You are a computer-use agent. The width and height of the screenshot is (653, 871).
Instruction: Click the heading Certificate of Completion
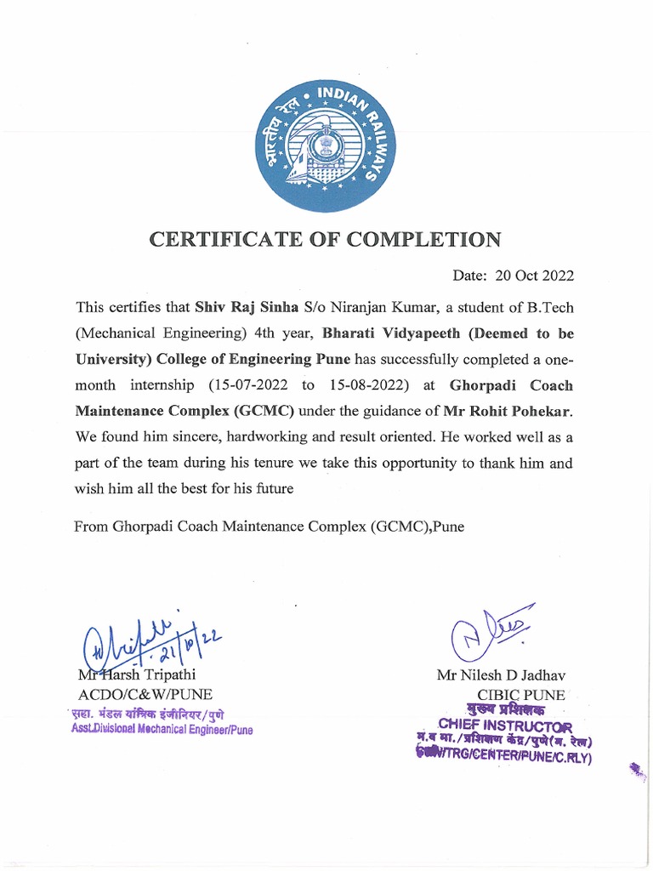coord(326,239)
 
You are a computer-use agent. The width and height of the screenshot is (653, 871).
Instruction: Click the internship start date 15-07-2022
coord(247,384)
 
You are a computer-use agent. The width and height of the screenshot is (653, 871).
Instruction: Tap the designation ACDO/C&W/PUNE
coord(145,694)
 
